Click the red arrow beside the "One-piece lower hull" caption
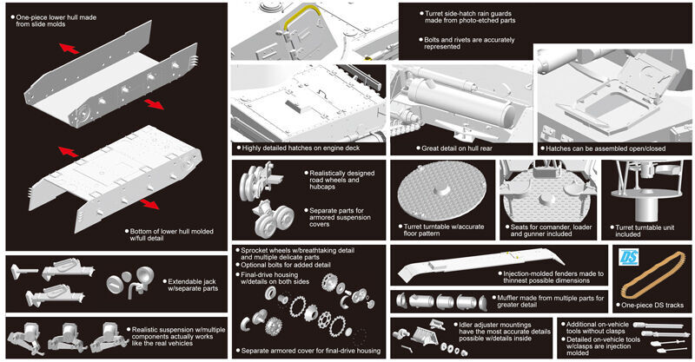69,49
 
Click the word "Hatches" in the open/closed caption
560,148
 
